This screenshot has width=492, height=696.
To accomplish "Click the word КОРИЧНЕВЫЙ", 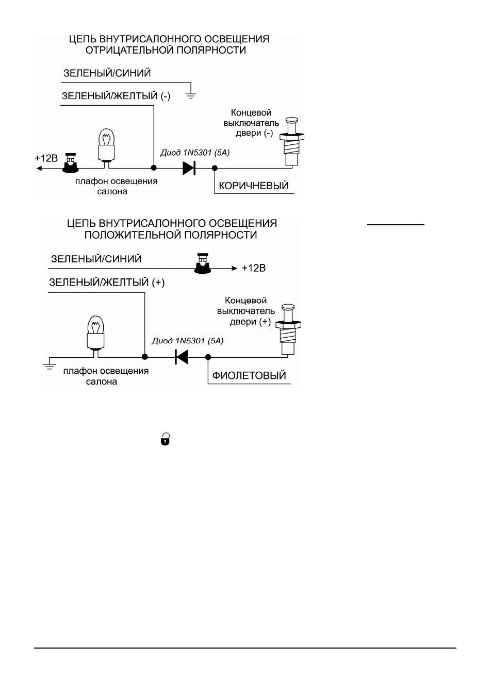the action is click(254, 186).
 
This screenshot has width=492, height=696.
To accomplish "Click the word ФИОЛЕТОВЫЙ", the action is click(249, 375).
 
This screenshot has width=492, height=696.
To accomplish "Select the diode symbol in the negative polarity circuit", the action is click(189, 168).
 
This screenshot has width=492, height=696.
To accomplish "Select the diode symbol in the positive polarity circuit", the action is click(182, 357).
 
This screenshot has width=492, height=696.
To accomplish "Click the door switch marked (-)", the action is click(292, 141).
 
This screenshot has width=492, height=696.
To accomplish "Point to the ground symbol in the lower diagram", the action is click(50, 366).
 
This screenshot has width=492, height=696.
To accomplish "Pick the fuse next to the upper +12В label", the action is click(71, 163).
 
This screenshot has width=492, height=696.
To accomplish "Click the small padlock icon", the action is click(165, 439).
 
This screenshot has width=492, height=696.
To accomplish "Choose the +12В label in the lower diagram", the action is click(254, 268).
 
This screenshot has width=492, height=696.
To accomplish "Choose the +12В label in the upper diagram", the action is click(46, 158).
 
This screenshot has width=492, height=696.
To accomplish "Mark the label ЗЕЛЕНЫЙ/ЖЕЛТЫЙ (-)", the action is click(116, 96).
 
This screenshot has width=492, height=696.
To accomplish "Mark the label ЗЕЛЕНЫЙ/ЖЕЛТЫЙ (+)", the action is click(107, 283).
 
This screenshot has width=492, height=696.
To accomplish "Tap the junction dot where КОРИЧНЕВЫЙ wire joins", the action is click(215, 168).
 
